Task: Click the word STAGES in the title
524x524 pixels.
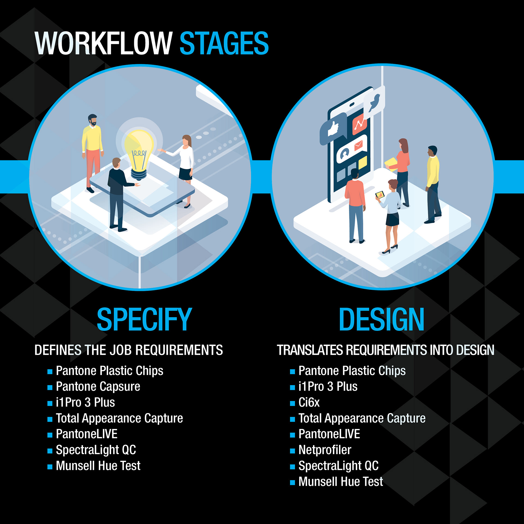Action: pyautogui.click(x=224, y=43)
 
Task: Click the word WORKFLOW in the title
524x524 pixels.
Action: pyautogui.click(x=103, y=43)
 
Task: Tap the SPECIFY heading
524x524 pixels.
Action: pyautogui.click(x=144, y=319)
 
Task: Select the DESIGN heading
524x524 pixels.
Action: pyautogui.click(x=381, y=319)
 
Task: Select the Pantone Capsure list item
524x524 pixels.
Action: pyautogui.click(x=98, y=386)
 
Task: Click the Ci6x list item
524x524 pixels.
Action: pyautogui.click(x=309, y=402)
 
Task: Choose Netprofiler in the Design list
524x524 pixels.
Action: pyautogui.click(x=325, y=450)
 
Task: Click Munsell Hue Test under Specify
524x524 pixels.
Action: pyautogui.click(x=98, y=466)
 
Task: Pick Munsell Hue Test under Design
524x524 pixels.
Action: pyautogui.click(x=341, y=481)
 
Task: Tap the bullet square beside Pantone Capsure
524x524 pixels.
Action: pyautogui.click(x=50, y=388)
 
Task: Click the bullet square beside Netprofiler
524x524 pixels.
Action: pyautogui.click(x=292, y=451)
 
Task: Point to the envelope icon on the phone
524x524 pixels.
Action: pyautogui.click(x=358, y=145)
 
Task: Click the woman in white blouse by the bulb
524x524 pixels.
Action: pyautogui.click(x=185, y=164)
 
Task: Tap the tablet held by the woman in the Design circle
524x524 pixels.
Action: pyautogui.click(x=380, y=195)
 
